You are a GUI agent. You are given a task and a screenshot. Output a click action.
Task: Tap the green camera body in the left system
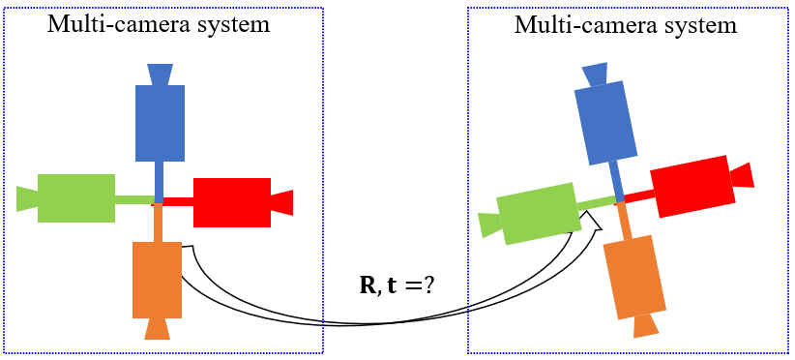click(x=76, y=198)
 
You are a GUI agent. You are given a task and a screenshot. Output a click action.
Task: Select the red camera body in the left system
click(x=232, y=202)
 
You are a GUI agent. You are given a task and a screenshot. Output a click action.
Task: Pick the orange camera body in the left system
click(x=157, y=279)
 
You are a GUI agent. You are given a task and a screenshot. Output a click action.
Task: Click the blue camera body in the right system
click(x=605, y=121)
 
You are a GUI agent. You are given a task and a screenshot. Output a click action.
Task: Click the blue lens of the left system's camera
click(x=160, y=74)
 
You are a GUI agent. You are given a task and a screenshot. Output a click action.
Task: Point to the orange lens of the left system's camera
click(x=157, y=329)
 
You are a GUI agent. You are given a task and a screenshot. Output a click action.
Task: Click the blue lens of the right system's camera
click(x=594, y=74)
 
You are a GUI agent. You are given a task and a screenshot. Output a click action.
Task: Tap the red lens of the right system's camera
click(x=742, y=175)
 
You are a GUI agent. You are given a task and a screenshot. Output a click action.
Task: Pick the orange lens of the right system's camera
click(x=646, y=324)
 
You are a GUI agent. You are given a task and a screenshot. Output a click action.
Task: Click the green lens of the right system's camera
click(x=489, y=225)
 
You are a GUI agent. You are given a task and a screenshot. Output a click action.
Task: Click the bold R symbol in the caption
click(x=368, y=286)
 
